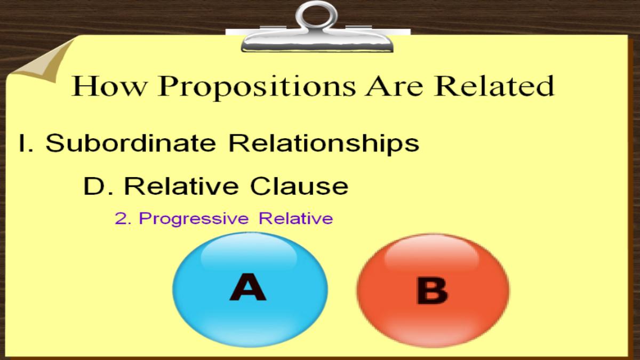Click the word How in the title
point(109,86)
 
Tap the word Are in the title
point(395,86)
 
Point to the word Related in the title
point(494,85)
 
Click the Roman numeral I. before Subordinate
point(26,143)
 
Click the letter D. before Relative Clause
point(98,186)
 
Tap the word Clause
point(299,186)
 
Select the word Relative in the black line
point(181,186)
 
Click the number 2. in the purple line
point(123,219)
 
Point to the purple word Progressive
point(194,219)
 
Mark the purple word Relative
point(295,219)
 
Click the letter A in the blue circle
point(248,287)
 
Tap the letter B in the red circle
point(433,290)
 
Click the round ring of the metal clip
point(317,15)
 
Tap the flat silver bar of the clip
point(317,42)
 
